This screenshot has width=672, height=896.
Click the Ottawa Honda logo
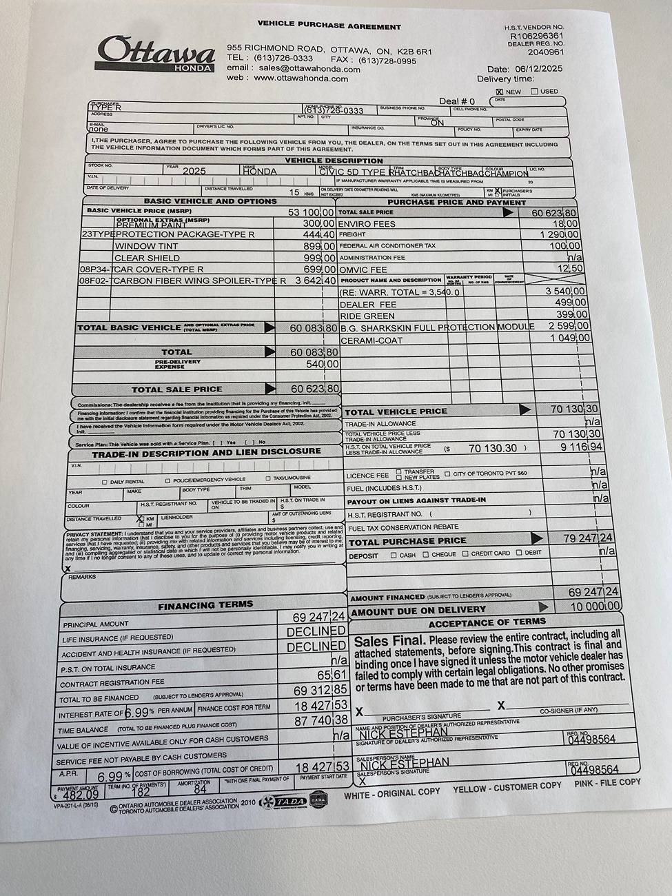point(156,54)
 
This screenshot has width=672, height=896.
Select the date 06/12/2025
point(538,69)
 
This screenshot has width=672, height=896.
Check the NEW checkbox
point(500,92)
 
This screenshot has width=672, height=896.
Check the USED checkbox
point(534,92)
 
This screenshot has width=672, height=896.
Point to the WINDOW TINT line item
point(146,246)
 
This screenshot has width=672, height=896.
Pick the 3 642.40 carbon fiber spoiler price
point(315,281)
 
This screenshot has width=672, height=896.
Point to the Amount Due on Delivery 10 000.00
point(594,606)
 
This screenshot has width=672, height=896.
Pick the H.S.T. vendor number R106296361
point(536,36)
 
